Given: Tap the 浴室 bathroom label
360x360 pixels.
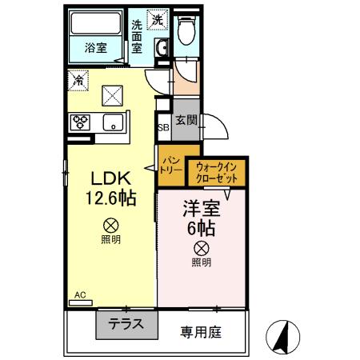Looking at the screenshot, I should [96, 48].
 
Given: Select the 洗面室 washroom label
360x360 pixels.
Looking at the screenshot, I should [138, 36].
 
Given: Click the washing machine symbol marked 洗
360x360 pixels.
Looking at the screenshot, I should [158, 19].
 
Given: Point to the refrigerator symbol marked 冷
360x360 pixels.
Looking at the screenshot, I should [78, 79].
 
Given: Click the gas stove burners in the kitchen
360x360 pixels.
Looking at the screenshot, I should [81, 122].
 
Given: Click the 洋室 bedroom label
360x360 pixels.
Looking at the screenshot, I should [201, 208].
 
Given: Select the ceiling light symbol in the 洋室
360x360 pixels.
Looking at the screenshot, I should [202, 247].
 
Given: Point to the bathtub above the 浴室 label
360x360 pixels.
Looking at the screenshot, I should [94, 24].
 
